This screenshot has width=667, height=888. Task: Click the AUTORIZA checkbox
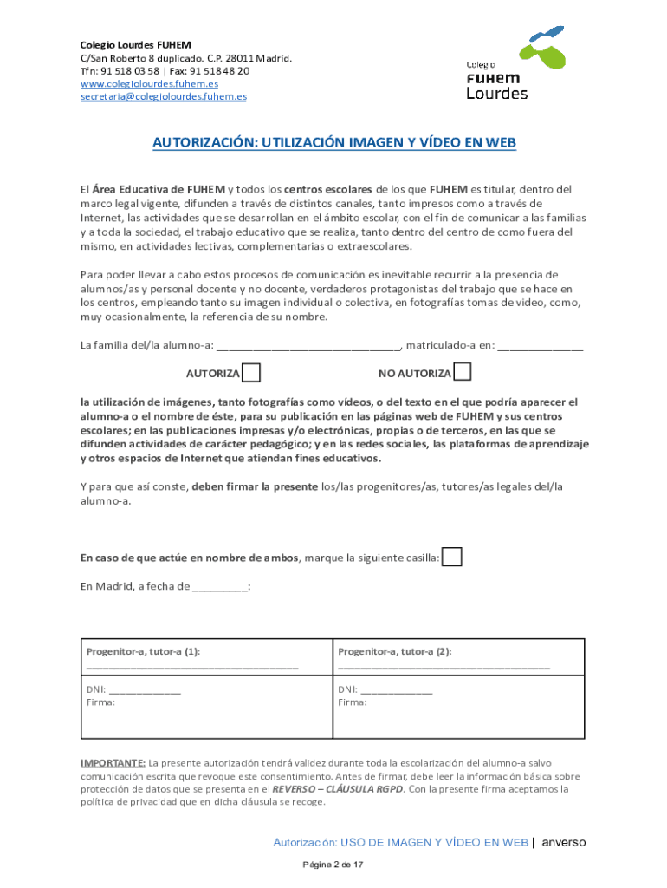251,373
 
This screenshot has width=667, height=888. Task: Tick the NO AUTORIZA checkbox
463,372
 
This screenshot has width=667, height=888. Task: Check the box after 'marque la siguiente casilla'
452,557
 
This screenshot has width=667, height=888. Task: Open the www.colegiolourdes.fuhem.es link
149,83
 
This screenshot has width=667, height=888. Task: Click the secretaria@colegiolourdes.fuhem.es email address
163,96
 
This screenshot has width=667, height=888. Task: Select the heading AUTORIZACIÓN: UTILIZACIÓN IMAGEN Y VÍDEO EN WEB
334,142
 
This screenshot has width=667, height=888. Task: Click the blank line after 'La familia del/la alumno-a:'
308,346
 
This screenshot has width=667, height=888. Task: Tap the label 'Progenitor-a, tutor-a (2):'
395,651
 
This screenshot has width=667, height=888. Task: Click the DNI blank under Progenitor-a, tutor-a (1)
146,691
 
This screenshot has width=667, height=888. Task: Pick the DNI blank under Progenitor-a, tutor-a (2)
396,691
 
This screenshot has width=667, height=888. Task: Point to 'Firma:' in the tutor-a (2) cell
352,703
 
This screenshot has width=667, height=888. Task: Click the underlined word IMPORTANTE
113,763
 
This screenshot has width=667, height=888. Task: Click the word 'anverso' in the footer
564,842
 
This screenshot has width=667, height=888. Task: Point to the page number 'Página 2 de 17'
333,865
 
